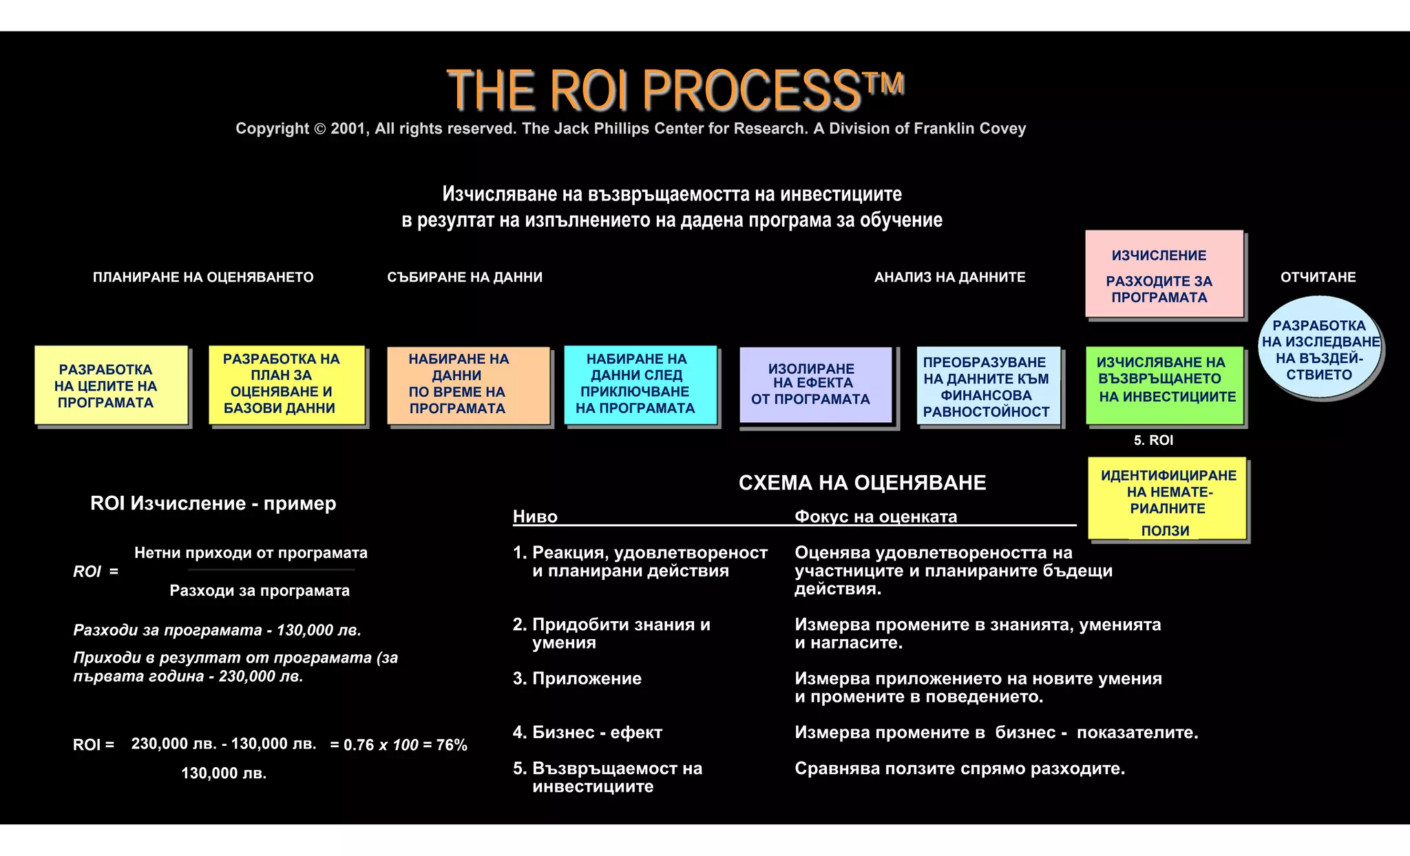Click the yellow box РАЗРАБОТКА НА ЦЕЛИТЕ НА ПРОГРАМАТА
(111, 386)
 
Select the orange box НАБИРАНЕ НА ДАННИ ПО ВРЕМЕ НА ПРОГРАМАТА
(468, 384)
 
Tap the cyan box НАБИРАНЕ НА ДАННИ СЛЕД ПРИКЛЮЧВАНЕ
(640, 384)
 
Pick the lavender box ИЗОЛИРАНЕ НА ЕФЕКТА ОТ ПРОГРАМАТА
(815, 384)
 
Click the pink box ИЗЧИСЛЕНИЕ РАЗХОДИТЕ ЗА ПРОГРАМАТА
(1164, 274)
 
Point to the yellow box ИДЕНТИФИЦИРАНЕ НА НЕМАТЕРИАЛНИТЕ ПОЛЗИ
(1168, 499)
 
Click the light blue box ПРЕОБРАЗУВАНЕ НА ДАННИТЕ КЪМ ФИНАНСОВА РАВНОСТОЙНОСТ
(988, 386)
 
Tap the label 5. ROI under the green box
(1153, 440)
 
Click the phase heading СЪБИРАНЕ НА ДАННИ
(465, 277)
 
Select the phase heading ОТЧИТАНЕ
(1318, 277)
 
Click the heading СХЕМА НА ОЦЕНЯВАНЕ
(862, 483)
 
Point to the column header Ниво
(535, 516)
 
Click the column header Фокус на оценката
(876, 516)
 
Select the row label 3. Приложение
(577, 678)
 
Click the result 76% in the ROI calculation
(452, 744)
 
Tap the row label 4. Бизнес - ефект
(587, 732)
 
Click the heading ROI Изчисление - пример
(213, 503)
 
